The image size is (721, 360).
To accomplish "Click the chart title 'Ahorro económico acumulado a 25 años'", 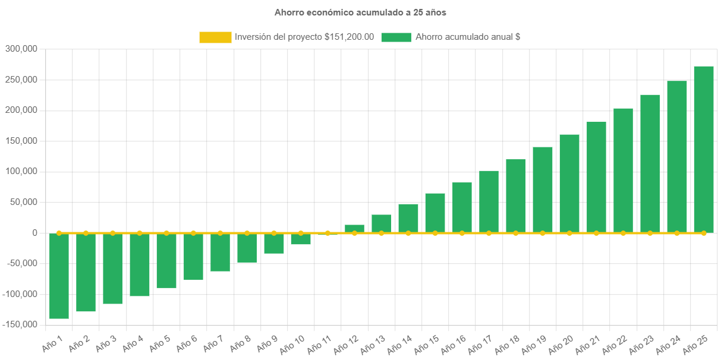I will tap(360, 12).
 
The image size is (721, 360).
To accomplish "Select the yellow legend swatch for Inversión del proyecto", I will tap(215, 37).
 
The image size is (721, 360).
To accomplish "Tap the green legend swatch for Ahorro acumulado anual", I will tap(396, 37).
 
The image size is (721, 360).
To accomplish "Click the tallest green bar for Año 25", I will tap(703, 149).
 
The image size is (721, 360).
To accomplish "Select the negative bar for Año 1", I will tap(59, 276).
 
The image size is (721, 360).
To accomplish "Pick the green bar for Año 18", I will tap(515, 196).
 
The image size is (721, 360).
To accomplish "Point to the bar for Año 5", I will tap(166, 261).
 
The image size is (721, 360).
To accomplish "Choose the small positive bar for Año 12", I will tap(354, 229).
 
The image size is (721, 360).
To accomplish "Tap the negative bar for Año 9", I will tap(274, 244).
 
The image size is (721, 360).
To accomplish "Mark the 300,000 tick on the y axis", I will tap(21, 49).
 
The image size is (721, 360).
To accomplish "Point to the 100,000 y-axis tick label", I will tap(21, 172).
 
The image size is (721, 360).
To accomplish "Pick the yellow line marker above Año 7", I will tap(220, 233).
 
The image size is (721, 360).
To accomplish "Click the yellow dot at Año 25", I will tap(703, 233).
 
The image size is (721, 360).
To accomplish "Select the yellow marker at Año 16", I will tap(462, 233).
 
